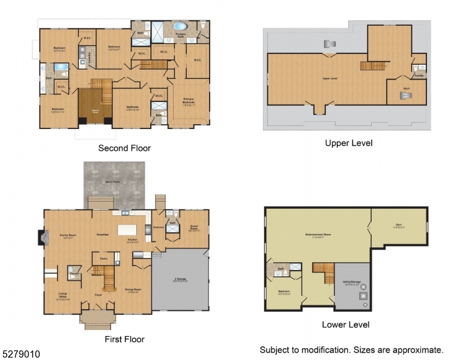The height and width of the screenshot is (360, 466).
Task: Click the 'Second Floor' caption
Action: pos(124,148)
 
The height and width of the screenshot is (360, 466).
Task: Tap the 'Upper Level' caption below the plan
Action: pos(348,143)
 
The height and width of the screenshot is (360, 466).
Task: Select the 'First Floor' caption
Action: pos(124,339)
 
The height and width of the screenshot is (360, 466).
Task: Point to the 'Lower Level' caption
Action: pos(345,325)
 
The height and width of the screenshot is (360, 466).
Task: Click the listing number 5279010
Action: pos(20,355)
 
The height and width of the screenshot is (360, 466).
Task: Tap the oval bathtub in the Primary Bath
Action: pos(181,27)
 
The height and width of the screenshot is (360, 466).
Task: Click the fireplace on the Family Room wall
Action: pos(41,238)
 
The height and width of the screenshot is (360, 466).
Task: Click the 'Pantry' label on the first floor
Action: pos(103,258)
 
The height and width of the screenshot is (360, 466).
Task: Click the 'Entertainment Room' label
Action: pos(318,235)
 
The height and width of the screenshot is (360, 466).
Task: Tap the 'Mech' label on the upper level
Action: pos(407,88)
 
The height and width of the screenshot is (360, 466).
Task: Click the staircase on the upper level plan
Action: pos(371,65)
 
